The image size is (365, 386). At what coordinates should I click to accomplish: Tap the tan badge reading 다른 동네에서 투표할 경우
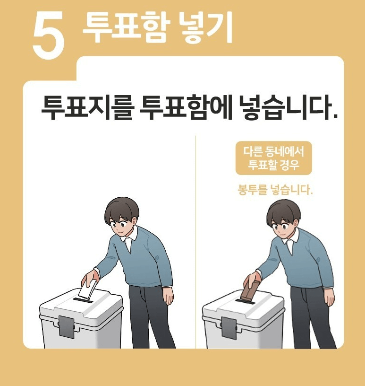[x=274, y=158]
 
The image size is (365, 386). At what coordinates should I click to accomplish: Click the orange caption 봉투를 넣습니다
[x=275, y=191]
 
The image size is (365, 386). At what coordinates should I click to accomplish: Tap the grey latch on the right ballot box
[x=229, y=327]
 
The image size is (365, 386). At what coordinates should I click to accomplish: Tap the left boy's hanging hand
[x=168, y=294]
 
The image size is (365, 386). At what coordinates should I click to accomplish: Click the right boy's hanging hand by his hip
[x=330, y=296]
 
